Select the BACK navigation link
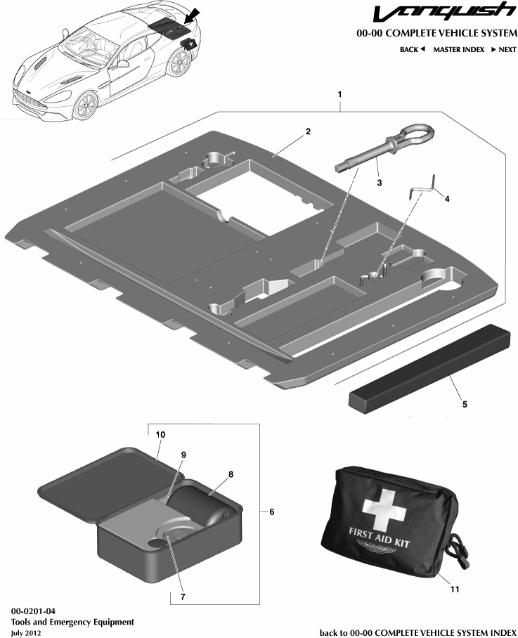tap(412, 50)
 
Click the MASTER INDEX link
tap(458, 50)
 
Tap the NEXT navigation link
tap(503, 50)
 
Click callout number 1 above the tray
tap(340, 93)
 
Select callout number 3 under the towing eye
tap(379, 181)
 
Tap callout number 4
tap(447, 199)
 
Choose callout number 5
tap(463, 404)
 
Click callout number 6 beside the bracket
tap(271, 512)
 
